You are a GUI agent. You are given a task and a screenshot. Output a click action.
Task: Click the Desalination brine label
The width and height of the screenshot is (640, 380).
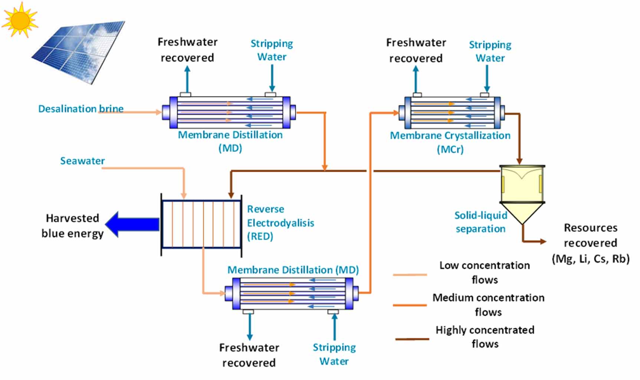click(81, 109)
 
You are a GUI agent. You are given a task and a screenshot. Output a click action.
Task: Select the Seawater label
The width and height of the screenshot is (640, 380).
click(82, 161)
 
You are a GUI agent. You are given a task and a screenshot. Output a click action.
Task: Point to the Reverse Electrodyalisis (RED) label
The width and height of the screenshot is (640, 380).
click(280, 222)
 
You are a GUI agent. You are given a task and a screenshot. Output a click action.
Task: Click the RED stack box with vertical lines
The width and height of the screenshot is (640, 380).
click(201, 225)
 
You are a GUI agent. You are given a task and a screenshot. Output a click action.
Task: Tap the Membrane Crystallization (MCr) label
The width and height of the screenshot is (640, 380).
click(450, 142)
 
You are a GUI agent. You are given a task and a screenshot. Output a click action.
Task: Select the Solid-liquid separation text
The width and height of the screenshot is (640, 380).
click(480, 222)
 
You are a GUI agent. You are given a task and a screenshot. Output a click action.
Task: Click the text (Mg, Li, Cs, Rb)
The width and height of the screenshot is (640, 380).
click(590, 258)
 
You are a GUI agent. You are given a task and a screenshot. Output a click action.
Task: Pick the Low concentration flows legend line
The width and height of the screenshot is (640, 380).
click(410, 275)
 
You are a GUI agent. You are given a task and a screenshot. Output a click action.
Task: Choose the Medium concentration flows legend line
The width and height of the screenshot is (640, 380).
click(410, 305)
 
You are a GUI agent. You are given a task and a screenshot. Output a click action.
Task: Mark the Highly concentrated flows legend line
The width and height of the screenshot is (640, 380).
click(412, 339)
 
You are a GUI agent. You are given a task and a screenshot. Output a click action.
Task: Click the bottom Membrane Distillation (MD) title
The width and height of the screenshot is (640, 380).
click(293, 270)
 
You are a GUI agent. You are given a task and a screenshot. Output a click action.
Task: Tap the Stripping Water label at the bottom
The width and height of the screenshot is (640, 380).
click(334, 354)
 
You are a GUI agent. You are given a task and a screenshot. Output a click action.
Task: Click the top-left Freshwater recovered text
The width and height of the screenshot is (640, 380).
click(187, 50)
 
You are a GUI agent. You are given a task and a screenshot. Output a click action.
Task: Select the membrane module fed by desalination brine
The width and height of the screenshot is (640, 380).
click(229, 112)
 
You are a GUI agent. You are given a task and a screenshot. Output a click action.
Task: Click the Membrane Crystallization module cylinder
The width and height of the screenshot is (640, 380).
click(452, 112)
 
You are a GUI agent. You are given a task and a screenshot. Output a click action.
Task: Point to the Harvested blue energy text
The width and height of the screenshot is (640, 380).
click(72, 225)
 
